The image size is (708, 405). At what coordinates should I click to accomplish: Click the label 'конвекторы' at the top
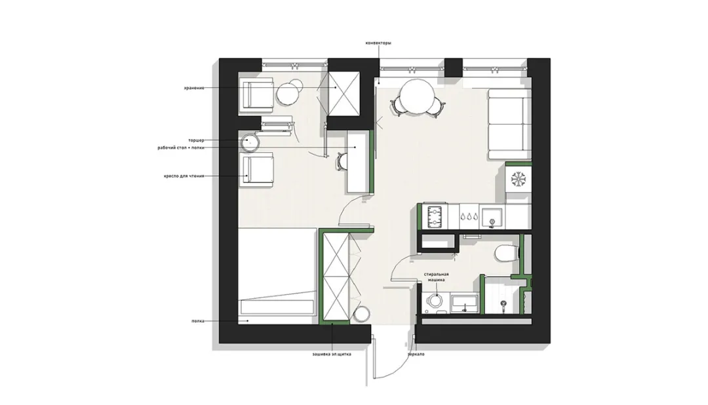(x=378, y=43)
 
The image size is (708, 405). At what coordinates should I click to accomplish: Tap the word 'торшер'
(x=196, y=140)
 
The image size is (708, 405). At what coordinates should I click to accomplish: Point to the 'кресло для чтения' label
(x=184, y=176)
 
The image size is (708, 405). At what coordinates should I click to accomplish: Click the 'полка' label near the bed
(x=198, y=321)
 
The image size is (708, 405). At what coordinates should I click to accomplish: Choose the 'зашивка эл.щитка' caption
(x=332, y=355)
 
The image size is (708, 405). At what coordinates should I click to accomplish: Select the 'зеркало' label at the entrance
(x=415, y=355)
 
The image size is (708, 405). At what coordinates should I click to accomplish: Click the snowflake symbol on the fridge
(x=519, y=180)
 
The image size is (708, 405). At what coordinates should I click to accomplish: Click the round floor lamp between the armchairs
(x=250, y=140)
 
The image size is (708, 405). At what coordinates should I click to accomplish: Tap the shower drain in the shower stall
(x=503, y=303)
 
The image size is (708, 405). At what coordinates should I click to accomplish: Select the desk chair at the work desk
(x=342, y=160)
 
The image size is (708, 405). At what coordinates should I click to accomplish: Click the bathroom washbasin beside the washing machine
(x=465, y=303)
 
